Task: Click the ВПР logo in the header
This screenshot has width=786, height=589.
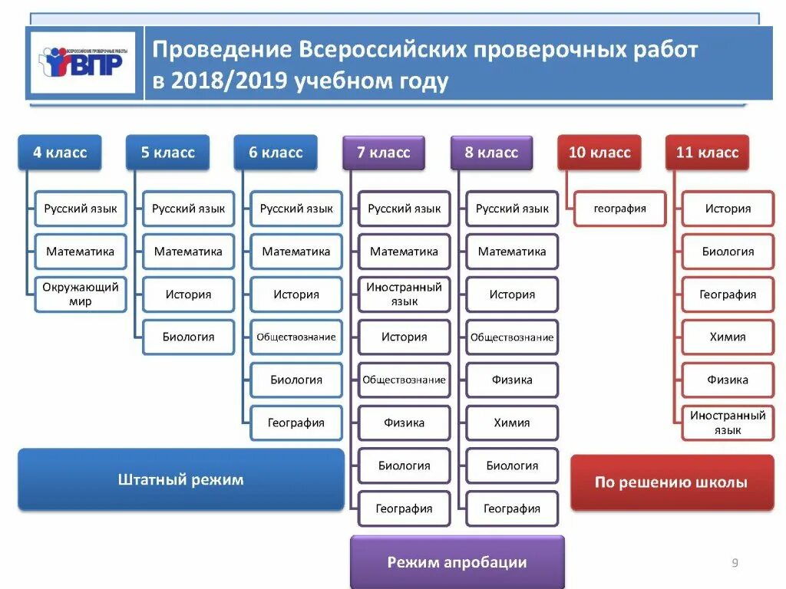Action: click(83, 62)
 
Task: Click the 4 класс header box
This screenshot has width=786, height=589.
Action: click(60, 152)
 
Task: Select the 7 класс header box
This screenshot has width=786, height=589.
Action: click(384, 152)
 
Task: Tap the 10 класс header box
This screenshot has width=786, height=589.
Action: click(599, 152)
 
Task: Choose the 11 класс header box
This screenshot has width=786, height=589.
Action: click(707, 152)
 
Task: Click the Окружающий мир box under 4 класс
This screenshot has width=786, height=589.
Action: click(80, 294)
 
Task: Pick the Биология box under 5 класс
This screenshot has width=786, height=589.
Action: click(188, 337)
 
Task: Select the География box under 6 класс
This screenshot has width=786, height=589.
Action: click(296, 423)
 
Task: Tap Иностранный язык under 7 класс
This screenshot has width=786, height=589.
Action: click(405, 294)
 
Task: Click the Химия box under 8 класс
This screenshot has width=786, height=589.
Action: click(512, 423)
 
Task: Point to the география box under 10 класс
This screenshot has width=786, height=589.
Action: click(620, 209)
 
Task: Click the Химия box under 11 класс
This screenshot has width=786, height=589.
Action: click(728, 337)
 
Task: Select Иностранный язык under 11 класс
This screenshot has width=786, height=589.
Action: click(728, 423)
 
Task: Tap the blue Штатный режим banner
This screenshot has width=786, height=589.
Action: click(181, 480)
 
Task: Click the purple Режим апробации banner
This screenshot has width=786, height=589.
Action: click(457, 562)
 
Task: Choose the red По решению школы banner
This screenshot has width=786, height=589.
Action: click(672, 482)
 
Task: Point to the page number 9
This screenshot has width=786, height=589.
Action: click(735, 564)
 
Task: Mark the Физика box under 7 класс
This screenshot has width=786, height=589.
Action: click(405, 423)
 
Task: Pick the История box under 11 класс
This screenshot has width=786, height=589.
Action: click(728, 209)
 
